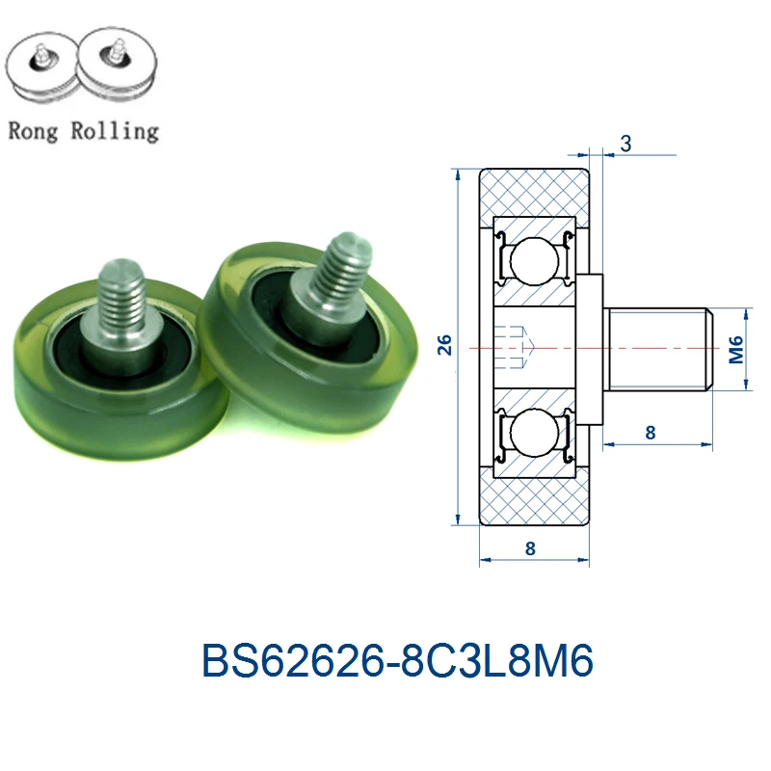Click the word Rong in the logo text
33,131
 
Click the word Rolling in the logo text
115,131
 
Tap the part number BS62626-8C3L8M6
397,660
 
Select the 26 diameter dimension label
444,345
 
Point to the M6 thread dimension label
735,350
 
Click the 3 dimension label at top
625,144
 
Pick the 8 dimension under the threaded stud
650,433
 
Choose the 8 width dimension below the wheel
529,548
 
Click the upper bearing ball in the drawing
534,261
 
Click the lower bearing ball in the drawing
534,433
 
